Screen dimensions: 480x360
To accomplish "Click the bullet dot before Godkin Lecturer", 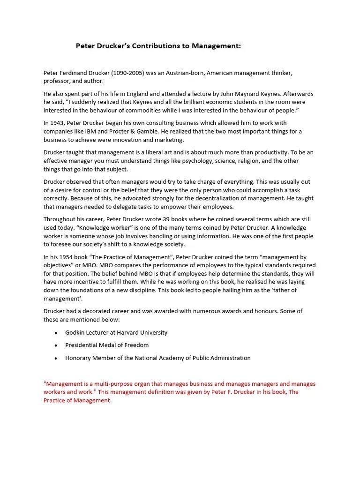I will click(x=56, y=332).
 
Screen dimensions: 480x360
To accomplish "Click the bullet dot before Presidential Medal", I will click(x=56, y=345).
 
